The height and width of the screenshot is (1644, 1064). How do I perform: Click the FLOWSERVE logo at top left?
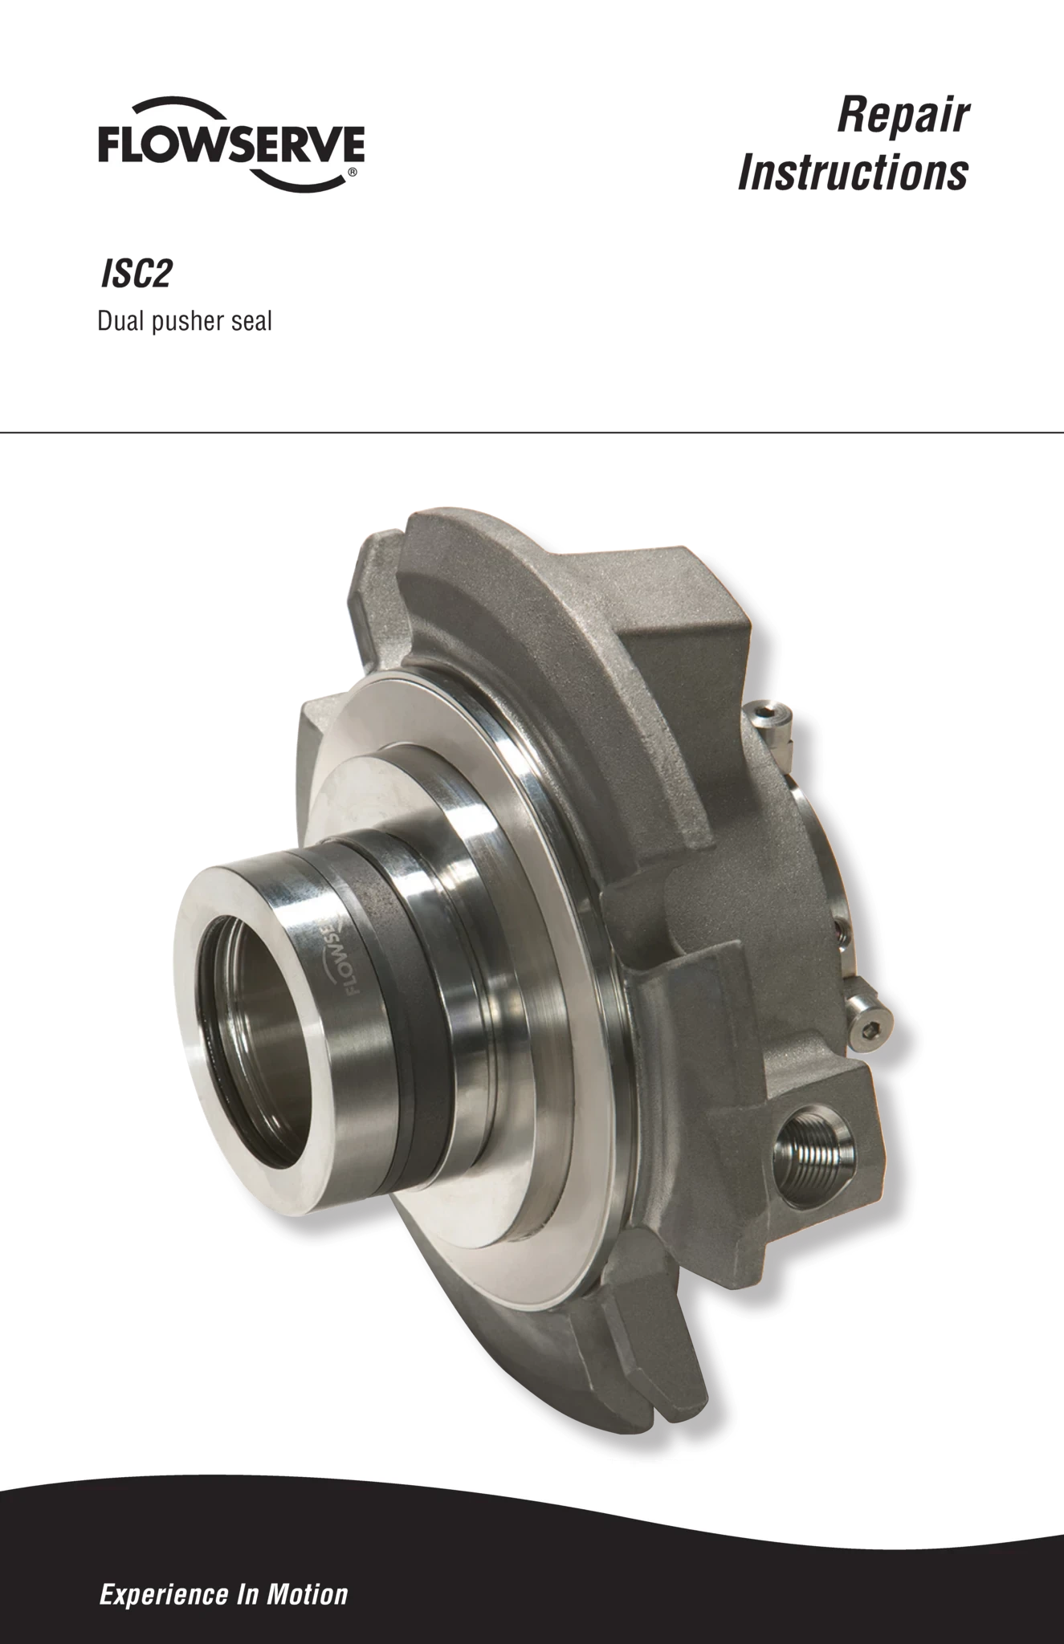point(231,144)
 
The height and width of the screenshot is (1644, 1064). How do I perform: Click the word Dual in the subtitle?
point(120,321)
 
